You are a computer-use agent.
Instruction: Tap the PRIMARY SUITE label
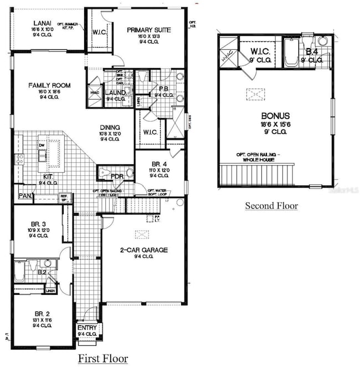(x=148, y=30)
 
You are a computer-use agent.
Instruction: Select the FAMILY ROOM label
(x=50, y=85)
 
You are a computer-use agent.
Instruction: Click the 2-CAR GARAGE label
(x=143, y=251)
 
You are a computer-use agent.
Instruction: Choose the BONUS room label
(x=276, y=116)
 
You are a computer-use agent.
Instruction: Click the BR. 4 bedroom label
(x=151, y=164)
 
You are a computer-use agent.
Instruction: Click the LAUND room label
(x=115, y=92)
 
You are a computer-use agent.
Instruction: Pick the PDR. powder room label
(x=117, y=176)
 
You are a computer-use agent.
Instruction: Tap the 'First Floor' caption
(x=102, y=359)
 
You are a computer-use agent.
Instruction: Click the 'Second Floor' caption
(x=271, y=206)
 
